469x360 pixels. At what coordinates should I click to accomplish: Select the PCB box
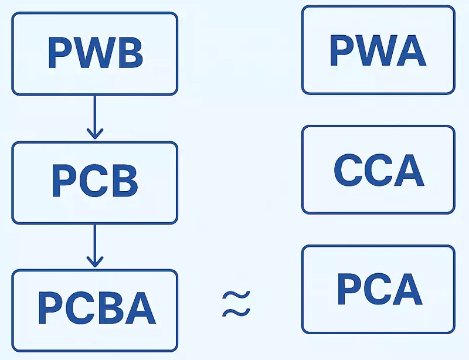[x=94, y=182]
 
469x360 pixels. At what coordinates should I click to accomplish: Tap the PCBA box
[x=94, y=310]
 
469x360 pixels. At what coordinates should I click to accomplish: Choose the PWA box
[x=378, y=50]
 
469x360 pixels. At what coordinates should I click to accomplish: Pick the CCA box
[x=378, y=170]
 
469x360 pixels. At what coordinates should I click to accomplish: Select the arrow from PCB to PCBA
[x=94, y=246]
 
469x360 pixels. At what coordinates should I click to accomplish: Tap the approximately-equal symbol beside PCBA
[x=236, y=304]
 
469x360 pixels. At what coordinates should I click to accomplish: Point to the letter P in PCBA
[x=50, y=310]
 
